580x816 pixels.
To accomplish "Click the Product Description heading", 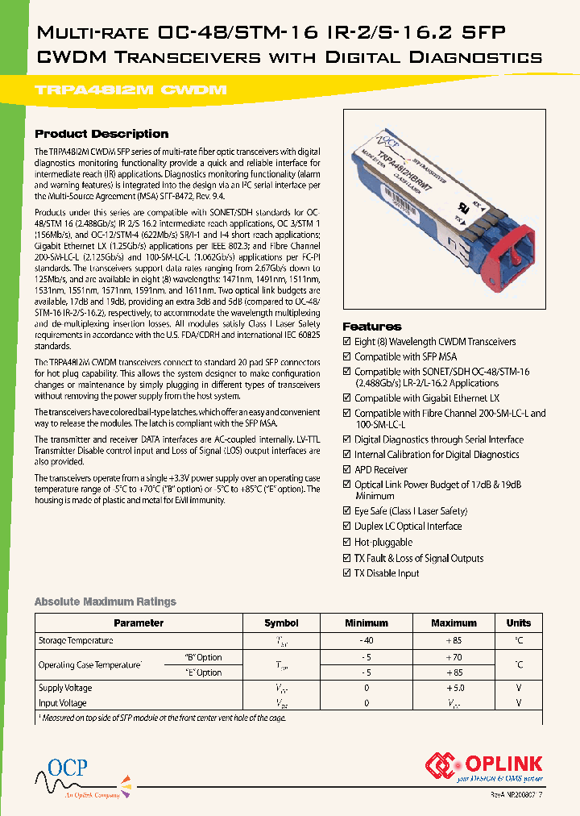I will [101, 134].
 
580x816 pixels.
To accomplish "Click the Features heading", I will [371, 327].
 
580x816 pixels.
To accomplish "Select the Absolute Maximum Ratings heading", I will [105, 602].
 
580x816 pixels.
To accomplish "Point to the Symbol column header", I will [281, 622].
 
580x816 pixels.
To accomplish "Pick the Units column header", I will [518, 622].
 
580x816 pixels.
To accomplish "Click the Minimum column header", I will [367, 622].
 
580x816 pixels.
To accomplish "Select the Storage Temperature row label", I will [76, 640].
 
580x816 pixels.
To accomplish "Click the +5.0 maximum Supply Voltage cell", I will [454, 688].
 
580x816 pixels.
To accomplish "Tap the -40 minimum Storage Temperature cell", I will [367, 640].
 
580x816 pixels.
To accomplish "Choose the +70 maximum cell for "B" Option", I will [454, 657].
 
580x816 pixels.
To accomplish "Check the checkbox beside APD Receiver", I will [347, 470].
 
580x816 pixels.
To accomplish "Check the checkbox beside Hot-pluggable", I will [347, 543].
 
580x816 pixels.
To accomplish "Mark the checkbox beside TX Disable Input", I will [347, 573].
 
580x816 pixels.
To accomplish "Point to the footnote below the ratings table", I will [161, 718].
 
